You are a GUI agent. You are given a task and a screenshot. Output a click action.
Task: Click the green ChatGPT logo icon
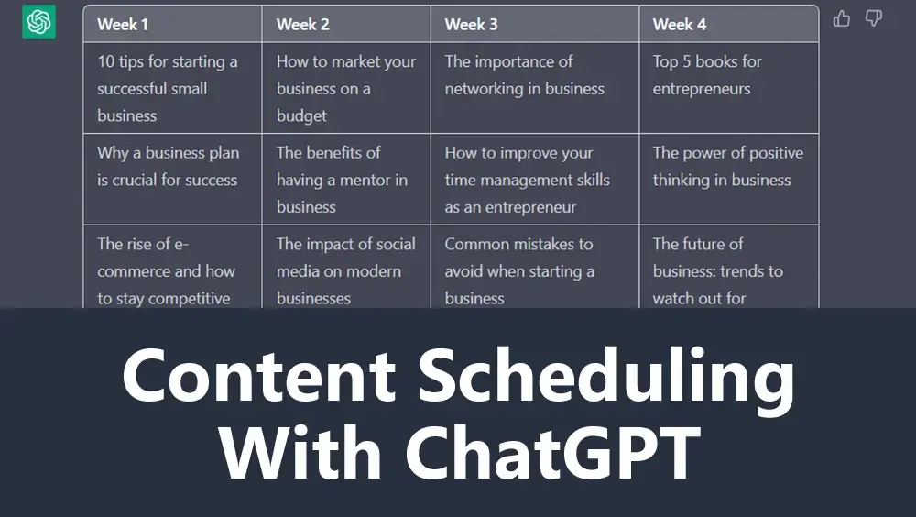click(39, 22)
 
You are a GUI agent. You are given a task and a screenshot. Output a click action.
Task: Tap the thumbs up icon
click(841, 18)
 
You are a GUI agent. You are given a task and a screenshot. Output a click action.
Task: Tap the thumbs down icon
click(873, 18)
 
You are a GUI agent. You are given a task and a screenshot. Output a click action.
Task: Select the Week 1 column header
click(173, 24)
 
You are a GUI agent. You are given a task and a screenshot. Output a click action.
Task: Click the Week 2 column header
click(346, 24)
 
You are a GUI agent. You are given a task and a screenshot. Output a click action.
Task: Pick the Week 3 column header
click(535, 24)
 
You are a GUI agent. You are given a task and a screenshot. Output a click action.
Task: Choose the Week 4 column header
click(729, 24)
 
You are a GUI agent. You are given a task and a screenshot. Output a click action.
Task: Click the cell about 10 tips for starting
click(173, 88)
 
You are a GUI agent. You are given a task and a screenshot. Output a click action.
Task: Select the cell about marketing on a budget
click(346, 88)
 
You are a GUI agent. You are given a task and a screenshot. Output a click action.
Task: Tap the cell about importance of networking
click(535, 88)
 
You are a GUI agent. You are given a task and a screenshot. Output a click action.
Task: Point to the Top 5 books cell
click(729, 88)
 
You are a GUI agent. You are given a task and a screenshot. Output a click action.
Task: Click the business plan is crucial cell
click(173, 179)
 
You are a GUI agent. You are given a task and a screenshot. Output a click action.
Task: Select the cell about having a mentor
click(346, 179)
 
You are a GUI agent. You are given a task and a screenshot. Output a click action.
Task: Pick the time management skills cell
click(535, 179)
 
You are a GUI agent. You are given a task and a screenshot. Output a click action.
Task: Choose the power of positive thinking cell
click(729, 179)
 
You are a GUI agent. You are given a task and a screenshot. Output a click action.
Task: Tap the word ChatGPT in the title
click(553, 452)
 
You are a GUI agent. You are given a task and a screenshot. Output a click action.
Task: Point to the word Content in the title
click(259, 375)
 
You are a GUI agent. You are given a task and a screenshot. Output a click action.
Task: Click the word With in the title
click(300, 452)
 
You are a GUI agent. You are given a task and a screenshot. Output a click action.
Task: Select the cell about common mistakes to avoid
click(535, 267)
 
